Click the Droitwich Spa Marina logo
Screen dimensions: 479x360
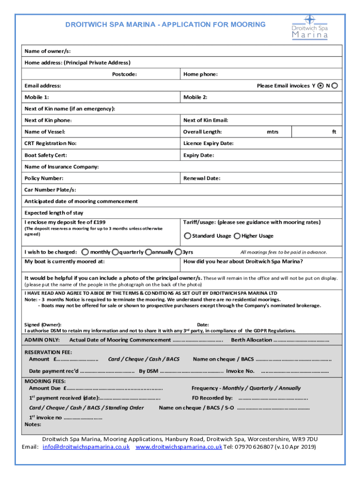309,28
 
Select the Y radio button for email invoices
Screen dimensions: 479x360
320,86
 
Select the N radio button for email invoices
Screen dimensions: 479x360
335,86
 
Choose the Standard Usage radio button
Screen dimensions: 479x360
187,236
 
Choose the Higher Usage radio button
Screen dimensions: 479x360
237,236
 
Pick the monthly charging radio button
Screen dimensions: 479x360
86,252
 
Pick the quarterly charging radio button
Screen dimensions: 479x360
115,252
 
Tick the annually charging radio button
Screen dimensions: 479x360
149,252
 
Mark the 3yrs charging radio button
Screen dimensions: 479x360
178,252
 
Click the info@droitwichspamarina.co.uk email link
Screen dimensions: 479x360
86,447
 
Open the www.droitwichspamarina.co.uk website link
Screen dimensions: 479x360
179,447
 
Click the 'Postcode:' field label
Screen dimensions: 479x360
124,74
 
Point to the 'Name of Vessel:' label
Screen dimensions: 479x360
45,132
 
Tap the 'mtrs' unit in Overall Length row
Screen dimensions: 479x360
273,132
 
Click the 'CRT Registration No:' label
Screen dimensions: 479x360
50,143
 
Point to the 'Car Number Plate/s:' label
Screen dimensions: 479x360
50,190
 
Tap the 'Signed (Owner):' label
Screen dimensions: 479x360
43,325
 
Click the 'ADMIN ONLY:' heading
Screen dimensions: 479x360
42,340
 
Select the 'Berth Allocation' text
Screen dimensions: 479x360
252,340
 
